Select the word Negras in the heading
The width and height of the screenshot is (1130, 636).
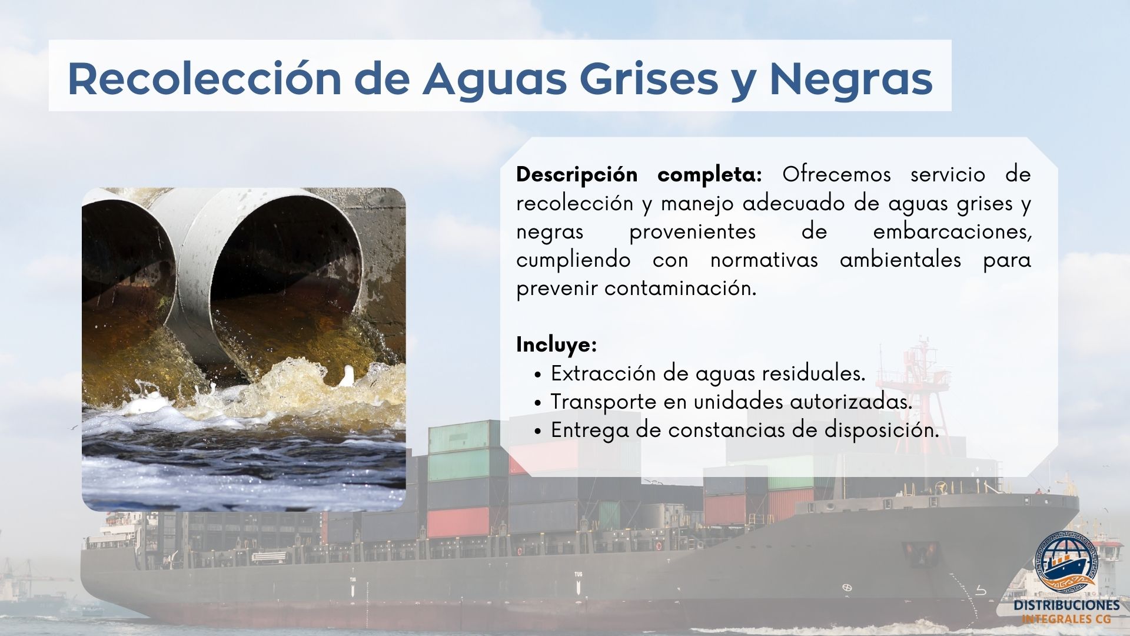(851, 78)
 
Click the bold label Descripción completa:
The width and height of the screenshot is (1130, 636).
(639, 175)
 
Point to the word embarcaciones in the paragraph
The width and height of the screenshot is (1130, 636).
(952, 231)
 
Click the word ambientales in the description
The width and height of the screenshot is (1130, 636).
(900, 260)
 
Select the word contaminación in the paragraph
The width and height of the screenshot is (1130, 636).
(680, 289)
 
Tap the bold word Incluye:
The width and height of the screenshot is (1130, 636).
(557, 344)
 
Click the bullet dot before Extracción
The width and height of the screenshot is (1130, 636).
(539, 375)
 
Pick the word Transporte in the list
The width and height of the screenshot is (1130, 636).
(603, 402)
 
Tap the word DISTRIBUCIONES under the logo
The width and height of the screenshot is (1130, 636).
(1066, 606)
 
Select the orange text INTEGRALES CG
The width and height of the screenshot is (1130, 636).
(1066, 620)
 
